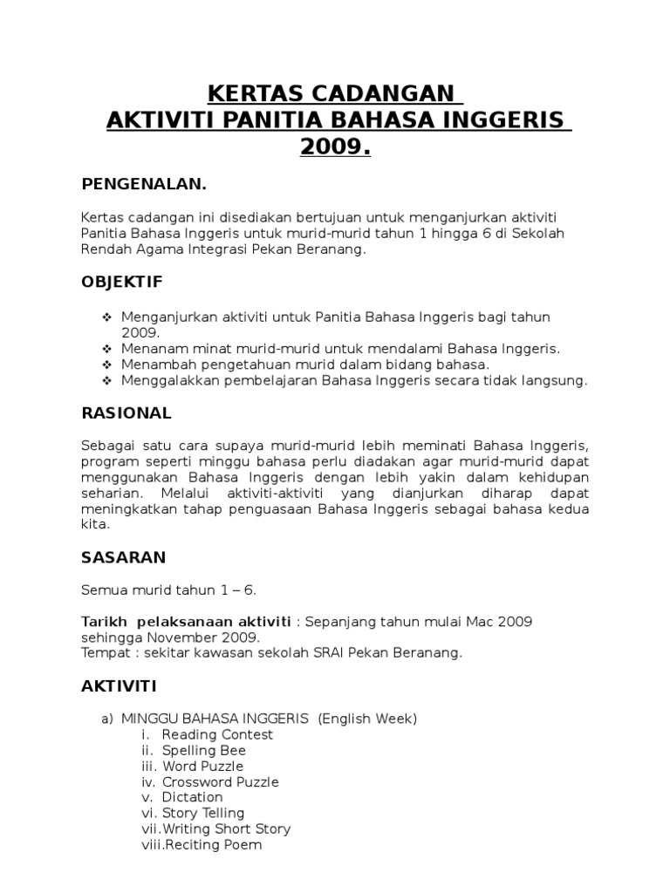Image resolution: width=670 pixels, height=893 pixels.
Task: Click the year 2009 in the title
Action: [x=335, y=147]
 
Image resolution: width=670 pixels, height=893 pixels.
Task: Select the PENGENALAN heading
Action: [x=144, y=184]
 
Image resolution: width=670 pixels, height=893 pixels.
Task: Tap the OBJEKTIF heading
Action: [x=122, y=283]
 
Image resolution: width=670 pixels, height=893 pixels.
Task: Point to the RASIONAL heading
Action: [x=126, y=412]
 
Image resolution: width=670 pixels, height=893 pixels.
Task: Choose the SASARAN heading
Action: [x=123, y=556]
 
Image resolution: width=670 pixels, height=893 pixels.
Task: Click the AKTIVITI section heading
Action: [x=119, y=687]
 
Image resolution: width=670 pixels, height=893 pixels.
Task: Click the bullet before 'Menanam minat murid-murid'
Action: [x=107, y=349]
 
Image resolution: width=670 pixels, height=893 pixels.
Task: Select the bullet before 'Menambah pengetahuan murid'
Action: [x=107, y=365]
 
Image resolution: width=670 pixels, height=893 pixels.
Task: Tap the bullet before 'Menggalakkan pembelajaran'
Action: [x=107, y=380]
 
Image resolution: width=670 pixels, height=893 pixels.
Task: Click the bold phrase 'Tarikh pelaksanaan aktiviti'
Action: [x=186, y=621]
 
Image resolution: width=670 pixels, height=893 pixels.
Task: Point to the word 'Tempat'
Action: [x=103, y=652]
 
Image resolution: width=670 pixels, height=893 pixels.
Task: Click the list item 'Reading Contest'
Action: [x=217, y=734]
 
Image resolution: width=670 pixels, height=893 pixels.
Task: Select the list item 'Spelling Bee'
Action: [x=203, y=750]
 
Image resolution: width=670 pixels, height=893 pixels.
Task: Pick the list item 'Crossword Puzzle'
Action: [x=220, y=781]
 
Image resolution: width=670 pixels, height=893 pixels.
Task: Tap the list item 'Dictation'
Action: [x=192, y=797]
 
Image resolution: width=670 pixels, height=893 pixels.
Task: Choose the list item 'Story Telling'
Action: [x=202, y=813]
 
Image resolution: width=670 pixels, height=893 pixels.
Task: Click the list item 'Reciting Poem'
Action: [x=211, y=844]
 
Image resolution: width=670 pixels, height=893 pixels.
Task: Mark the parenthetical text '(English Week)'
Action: [x=367, y=719]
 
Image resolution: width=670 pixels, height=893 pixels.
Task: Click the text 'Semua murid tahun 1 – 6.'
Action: [x=168, y=590]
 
